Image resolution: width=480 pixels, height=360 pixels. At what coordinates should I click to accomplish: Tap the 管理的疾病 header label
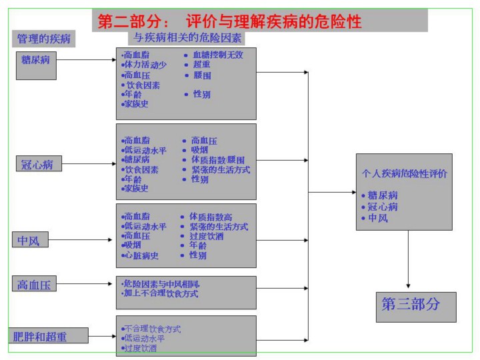tap(43, 39)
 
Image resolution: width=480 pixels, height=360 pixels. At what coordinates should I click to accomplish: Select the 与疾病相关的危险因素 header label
tap(189, 38)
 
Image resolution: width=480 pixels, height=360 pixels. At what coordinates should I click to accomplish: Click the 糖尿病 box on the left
tap(36, 59)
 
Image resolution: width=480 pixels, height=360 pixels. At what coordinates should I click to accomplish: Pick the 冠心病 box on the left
tap(38, 164)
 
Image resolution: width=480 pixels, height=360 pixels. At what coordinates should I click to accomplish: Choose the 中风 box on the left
tap(30, 240)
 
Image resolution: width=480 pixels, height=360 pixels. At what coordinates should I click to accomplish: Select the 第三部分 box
tap(416, 305)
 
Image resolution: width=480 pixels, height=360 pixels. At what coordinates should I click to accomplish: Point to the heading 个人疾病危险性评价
tap(405, 173)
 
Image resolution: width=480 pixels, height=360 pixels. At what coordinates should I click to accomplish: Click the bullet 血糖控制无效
tap(217, 55)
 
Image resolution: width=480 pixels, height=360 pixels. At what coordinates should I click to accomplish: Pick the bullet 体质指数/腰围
tap(217, 160)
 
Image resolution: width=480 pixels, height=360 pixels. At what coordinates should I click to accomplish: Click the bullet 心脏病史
tap(141, 255)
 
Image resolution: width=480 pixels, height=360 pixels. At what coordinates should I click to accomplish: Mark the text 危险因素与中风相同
tap(161, 283)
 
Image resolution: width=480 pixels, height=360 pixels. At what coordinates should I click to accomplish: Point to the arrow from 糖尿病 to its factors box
tap(87, 59)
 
